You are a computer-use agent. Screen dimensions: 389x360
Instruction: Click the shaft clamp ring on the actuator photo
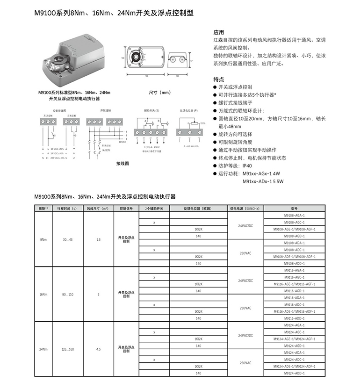pyautogui.click(x=60, y=60)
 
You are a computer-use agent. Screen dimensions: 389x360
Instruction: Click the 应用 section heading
pyautogui.click(x=219, y=33)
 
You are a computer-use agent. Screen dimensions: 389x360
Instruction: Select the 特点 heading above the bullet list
pyautogui.click(x=219, y=79)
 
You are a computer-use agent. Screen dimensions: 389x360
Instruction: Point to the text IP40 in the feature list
pyautogui.click(x=247, y=166)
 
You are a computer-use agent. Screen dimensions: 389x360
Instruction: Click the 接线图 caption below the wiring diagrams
pyautogui.click(x=122, y=164)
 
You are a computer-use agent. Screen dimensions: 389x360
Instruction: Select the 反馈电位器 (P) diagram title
pyautogui.click(x=188, y=111)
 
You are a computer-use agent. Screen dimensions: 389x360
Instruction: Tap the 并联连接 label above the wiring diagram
pyautogui.click(x=106, y=111)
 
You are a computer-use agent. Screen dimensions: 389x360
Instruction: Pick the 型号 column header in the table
pyautogui.click(x=294, y=208)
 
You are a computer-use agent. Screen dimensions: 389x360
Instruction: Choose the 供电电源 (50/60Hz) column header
pyautogui.click(x=245, y=208)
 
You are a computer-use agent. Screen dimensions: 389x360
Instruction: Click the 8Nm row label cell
pyautogui.click(x=43, y=239)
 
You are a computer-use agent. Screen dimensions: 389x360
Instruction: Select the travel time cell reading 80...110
pyautogui.click(x=68, y=295)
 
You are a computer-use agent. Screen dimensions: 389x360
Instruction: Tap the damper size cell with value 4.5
pyautogui.click(x=98, y=349)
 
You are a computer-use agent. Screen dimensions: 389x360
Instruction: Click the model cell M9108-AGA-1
pyautogui.click(x=294, y=215)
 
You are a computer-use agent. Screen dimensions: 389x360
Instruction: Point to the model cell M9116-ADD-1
pyautogui.click(x=294, y=318)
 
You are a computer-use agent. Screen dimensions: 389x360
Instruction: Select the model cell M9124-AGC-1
pyautogui.click(x=294, y=332)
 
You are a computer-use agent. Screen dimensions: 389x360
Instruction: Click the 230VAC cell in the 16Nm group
pyautogui.click(x=245, y=308)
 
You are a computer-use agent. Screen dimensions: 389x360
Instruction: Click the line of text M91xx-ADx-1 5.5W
pyautogui.click(x=263, y=181)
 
